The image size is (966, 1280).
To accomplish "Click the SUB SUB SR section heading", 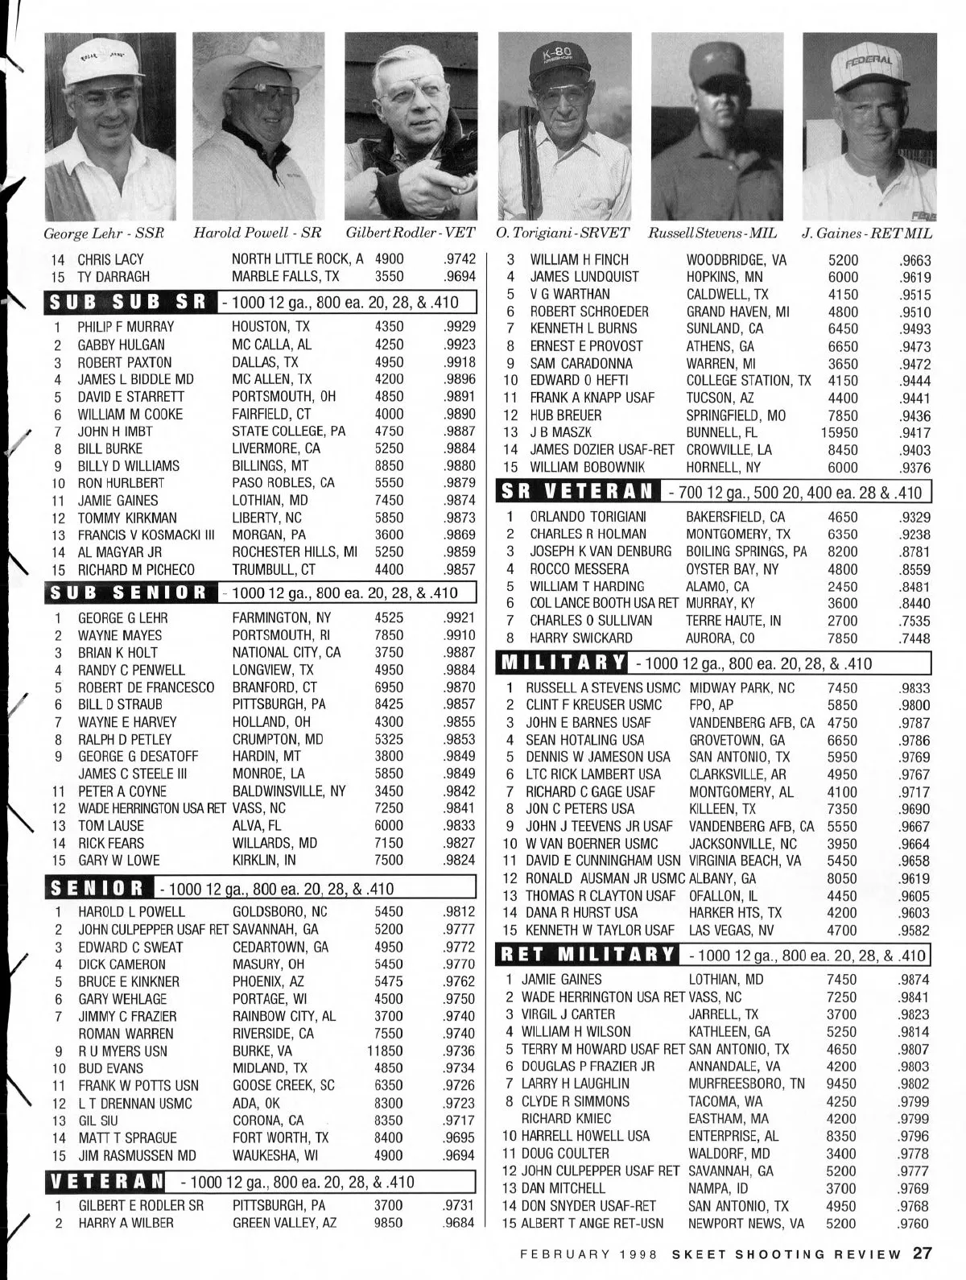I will [x=128, y=303].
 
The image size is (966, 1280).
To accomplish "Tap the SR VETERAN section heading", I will [x=579, y=491].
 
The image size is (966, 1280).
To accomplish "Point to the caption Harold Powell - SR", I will [x=258, y=233].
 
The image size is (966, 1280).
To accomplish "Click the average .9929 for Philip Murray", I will [x=460, y=327].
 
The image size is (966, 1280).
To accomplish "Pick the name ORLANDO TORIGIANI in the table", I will [x=588, y=516].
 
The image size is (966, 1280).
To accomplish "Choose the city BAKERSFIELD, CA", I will [x=735, y=516].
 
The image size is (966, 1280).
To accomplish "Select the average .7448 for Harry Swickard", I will [x=914, y=638].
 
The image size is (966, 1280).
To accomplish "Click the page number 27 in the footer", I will [x=923, y=1253].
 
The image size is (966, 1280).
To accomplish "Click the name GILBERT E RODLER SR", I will [x=141, y=1206].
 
